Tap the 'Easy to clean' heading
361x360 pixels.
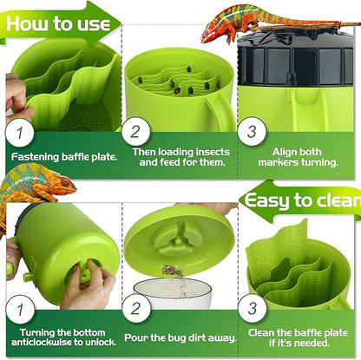coord(303,203)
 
